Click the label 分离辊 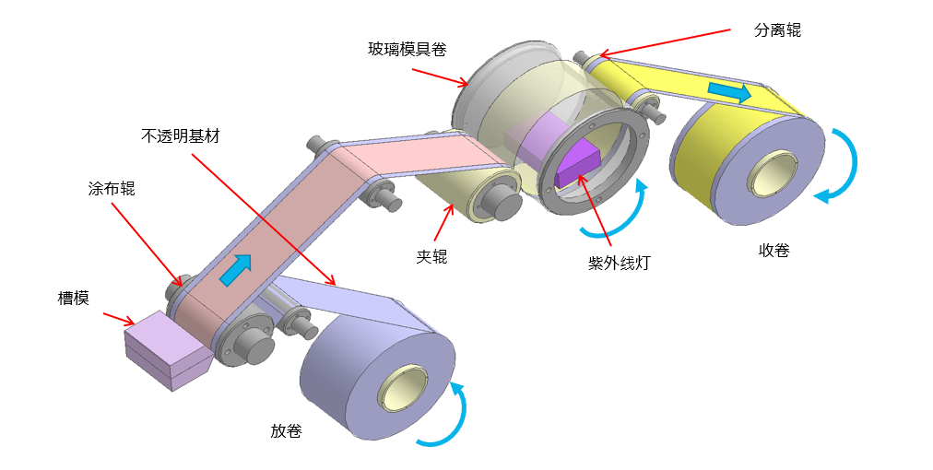point(777,30)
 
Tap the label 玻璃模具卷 point(407,49)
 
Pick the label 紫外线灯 point(620,264)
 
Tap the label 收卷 point(774,250)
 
